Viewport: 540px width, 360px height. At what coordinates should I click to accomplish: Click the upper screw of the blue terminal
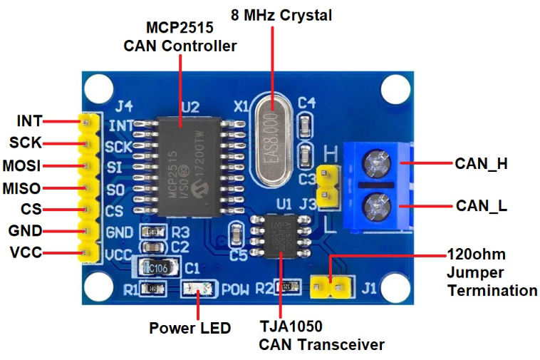375,163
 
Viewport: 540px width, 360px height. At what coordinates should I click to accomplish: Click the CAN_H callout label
481,163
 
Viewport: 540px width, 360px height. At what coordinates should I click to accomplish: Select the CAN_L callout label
481,206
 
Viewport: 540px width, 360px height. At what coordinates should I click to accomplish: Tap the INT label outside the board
29,121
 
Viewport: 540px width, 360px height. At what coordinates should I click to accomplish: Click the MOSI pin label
21,166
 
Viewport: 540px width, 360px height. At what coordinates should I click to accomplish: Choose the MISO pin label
21,189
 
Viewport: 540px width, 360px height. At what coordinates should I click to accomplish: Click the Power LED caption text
189,328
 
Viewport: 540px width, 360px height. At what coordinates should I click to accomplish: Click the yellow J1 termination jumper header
332,289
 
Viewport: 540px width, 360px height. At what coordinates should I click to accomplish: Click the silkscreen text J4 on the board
124,108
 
